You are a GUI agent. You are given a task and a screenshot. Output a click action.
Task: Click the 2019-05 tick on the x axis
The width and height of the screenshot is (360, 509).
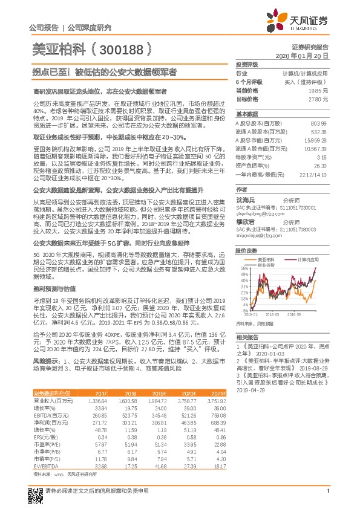tap(272, 314)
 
